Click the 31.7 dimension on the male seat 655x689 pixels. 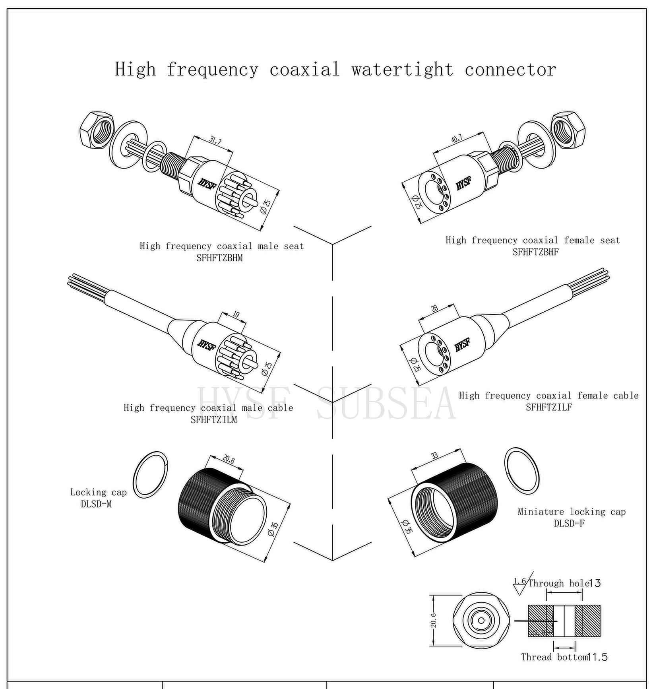pos(216,140)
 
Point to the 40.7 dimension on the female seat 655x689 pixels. pos(457,139)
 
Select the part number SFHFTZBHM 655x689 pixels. pos(219,258)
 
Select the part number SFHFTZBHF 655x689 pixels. pos(535,252)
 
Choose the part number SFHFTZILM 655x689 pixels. pos(213,419)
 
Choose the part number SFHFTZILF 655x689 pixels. pos(549,407)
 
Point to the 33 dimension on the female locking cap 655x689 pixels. pos(434,456)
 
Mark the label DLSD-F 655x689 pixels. pos(569,523)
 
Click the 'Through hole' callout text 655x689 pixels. pos(558,583)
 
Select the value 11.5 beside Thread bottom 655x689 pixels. pos(597,657)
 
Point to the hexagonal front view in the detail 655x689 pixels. pos(481,621)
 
